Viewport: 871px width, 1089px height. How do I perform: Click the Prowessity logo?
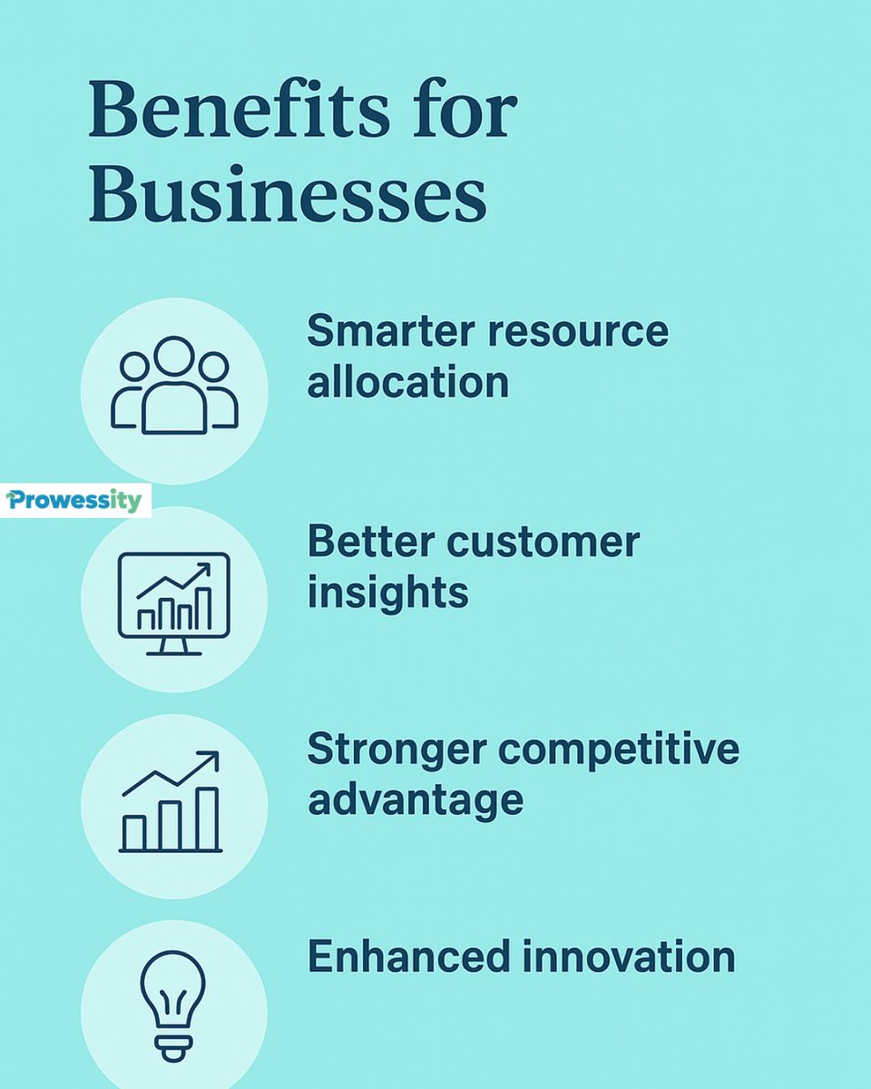75,500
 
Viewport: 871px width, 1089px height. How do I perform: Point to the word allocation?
407,382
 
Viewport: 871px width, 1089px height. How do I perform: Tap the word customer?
543,542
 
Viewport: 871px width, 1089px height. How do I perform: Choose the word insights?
387,594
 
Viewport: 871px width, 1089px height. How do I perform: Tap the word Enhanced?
396,957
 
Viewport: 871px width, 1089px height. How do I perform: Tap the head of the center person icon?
173,356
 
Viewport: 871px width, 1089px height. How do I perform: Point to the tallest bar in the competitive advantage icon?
208,818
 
